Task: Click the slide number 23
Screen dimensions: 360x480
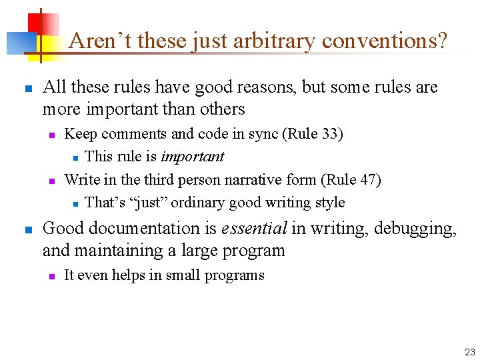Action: pyautogui.click(x=469, y=351)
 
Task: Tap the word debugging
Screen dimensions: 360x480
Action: pyautogui.click(x=415, y=229)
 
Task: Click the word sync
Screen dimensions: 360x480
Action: pyautogui.click(x=264, y=134)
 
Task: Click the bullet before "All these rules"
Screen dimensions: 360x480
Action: pyautogui.click(x=27, y=88)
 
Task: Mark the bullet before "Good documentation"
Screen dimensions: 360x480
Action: pyautogui.click(x=27, y=229)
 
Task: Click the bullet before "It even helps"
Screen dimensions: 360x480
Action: pyautogui.click(x=51, y=276)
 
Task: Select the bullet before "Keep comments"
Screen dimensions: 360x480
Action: pyautogui.click(x=51, y=135)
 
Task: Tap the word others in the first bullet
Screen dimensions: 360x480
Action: pyautogui.click(x=222, y=109)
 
